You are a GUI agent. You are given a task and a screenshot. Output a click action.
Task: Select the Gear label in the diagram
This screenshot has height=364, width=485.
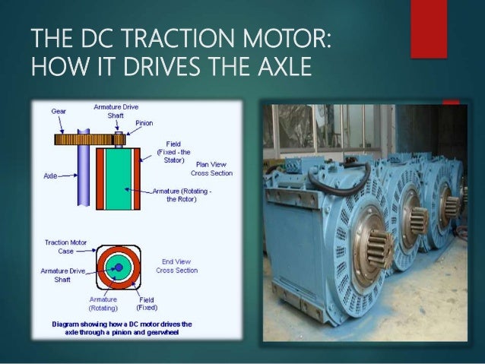pyautogui.click(x=59, y=111)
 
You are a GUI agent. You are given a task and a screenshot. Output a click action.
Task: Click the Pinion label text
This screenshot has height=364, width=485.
pyautogui.click(x=144, y=122)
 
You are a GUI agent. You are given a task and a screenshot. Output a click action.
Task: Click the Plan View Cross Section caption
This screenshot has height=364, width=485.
pyautogui.click(x=214, y=169)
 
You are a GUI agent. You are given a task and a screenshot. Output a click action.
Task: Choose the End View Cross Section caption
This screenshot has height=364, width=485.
pyautogui.click(x=176, y=266)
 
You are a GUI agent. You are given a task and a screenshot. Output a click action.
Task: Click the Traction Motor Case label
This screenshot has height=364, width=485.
pyautogui.click(x=65, y=246)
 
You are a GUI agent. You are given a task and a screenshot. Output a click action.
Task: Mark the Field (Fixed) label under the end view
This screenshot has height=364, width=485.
pyautogui.click(x=147, y=304)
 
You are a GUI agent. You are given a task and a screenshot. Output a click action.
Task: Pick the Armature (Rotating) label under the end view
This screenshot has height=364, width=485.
pyautogui.click(x=103, y=304)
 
